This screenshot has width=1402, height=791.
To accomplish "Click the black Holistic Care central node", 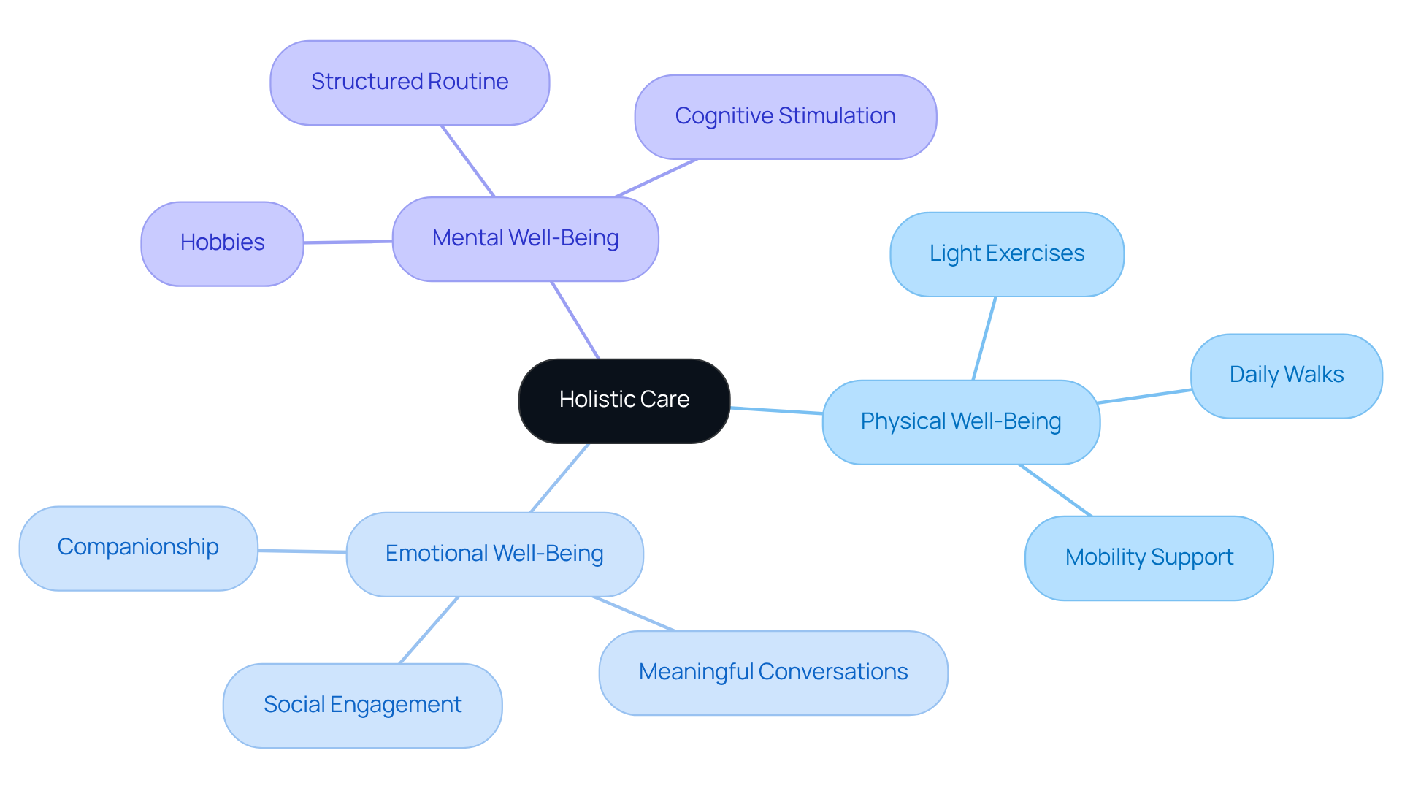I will pyautogui.click(x=624, y=400).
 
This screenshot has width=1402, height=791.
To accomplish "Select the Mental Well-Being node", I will pyautogui.click(x=525, y=239).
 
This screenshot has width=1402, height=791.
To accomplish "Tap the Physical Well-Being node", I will pyautogui.click(x=960, y=422).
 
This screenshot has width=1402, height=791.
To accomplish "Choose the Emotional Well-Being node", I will pyautogui.click(x=494, y=554).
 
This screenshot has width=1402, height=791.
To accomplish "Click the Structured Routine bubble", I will pyautogui.click(x=410, y=83).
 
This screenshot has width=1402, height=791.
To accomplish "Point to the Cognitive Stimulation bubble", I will pyautogui.click(x=785, y=117).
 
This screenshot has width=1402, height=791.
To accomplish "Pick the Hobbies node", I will pyautogui.click(x=222, y=243).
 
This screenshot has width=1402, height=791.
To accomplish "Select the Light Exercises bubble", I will pyautogui.click(x=1006, y=254).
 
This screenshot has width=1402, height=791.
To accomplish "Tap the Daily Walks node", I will pyautogui.click(x=1286, y=375).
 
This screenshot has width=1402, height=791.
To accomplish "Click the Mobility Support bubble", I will pyautogui.click(x=1149, y=558).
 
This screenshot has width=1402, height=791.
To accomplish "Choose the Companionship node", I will pyautogui.click(x=138, y=548).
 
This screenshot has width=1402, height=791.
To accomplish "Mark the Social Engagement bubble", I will pyautogui.click(x=362, y=706).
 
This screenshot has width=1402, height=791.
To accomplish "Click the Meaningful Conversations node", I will pyautogui.click(x=773, y=673).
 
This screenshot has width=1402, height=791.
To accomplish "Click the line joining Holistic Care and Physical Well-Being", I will pyautogui.click(x=776, y=410).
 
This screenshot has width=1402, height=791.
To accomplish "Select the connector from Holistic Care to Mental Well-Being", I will pyautogui.click(x=575, y=320).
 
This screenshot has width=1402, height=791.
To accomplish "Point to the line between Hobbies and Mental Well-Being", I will pyautogui.click(x=348, y=242).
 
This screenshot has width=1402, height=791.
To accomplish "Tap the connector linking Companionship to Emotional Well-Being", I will pyautogui.click(x=302, y=551).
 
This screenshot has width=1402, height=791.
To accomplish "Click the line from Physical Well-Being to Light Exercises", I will pyautogui.click(x=984, y=338).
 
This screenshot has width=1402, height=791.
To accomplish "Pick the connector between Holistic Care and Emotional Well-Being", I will pyautogui.click(x=559, y=478).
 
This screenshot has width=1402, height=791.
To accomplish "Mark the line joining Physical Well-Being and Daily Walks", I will pyautogui.click(x=1144, y=396).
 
